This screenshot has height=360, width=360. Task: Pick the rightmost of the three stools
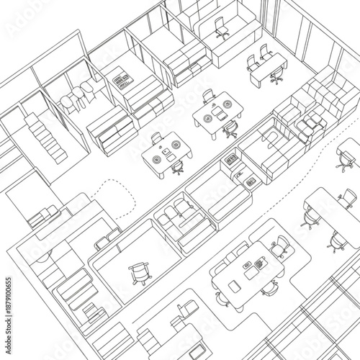point(88,89)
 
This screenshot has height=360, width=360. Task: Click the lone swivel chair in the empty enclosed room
point(139,273)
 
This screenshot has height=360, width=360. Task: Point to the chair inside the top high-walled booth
point(222,30)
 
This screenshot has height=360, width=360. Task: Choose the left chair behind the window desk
point(252,62)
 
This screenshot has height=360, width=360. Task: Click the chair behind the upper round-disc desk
point(209,96)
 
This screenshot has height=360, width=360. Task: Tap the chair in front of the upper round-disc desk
point(231,130)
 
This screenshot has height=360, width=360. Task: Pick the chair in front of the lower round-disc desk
point(177,168)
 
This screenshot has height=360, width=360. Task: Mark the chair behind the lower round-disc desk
point(157,138)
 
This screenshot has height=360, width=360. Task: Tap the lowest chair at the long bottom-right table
point(336,243)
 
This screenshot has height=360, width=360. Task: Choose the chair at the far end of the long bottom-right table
point(347,197)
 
